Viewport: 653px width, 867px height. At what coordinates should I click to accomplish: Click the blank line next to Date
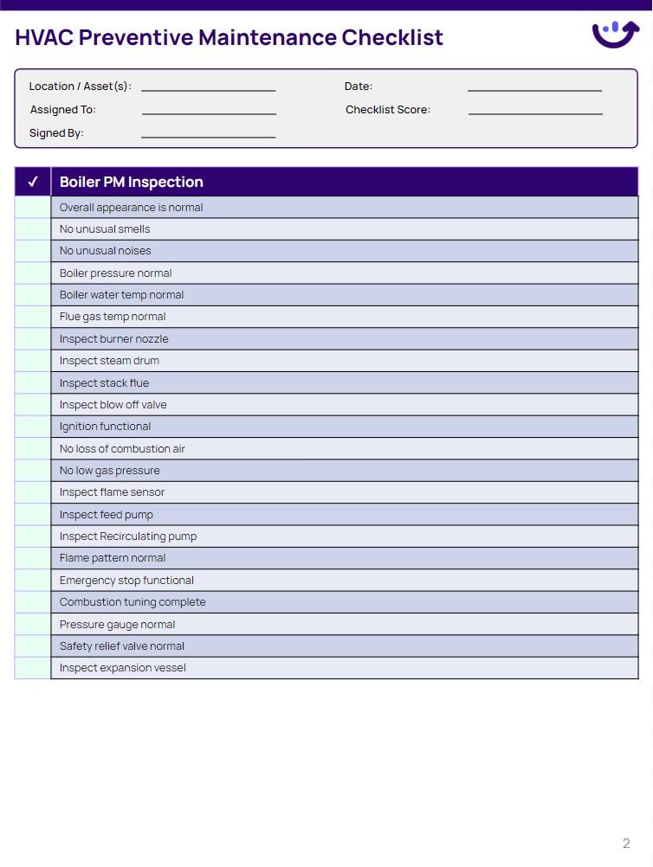pyautogui.click(x=534, y=89)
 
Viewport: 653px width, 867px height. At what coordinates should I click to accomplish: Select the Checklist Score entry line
pyautogui.click(x=535, y=112)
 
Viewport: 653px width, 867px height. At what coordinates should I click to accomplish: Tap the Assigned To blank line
pyautogui.click(x=209, y=112)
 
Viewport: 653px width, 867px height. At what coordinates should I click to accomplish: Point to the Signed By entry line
pyautogui.click(x=208, y=136)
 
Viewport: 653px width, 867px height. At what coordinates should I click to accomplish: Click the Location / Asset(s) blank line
pyautogui.click(x=208, y=89)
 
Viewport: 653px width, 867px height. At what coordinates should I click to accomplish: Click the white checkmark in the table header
pyautogui.click(x=33, y=182)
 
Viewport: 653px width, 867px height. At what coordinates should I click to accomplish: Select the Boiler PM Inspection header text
pyautogui.click(x=131, y=182)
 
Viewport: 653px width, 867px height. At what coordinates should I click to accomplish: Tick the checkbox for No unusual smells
pyautogui.click(x=33, y=229)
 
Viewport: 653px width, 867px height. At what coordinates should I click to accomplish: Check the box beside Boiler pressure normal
pyautogui.click(x=33, y=273)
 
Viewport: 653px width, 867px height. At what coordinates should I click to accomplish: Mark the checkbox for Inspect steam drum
pyautogui.click(x=33, y=361)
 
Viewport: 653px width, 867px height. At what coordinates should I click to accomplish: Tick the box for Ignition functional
pyautogui.click(x=33, y=427)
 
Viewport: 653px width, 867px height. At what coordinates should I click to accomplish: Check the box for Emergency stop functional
pyautogui.click(x=33, y=581)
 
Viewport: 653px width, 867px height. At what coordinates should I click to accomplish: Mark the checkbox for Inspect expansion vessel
pyautogui.click(x=33, y=668)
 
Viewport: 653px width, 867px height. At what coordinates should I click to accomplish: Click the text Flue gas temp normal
pyautogui.click(x=113, y=317)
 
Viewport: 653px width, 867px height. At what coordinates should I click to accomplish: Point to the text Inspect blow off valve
pyautogui.click(x=113, y=405)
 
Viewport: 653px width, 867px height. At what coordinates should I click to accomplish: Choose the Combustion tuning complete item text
pyautogui.click(x=133, y=602)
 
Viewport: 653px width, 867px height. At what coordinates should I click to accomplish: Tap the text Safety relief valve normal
pyautogui.click(x=121, y=646)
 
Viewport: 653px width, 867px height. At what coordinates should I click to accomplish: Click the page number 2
pyautogui.click(x=626, y=844)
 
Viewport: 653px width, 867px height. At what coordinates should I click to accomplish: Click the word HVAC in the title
pyautogui.click(x=43, y=38)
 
